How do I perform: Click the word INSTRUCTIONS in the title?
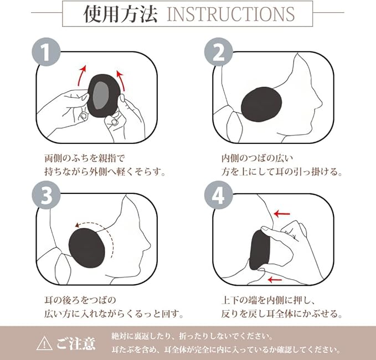click(x=230, y=14)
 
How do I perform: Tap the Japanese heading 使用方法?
click(x=120, y=14)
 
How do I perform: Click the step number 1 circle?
click(x=46, y=52)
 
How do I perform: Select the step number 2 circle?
click(x=218, y=52)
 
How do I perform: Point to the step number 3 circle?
click(x=46, y=195)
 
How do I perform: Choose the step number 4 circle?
click(x=218, y=195)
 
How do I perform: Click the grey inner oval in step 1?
click(x=100, y=95)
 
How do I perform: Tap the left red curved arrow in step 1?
click(x=81, y=75)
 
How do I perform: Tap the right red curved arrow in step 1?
click(x=121, y=80)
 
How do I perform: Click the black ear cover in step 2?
click(x=261, y=105)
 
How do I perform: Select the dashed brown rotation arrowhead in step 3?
click(x=77, y=225)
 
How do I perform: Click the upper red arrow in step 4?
click(x=282, y=213)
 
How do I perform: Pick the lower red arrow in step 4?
click(x=275, y=279)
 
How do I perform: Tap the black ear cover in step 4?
click(x=259, y=250)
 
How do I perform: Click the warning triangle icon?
click(x=44, y=343)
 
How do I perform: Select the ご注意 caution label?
click(x=76, y=343)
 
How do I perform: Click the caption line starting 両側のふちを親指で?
click(x=85, y=158)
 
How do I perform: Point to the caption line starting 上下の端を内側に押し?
click(x=268, y=300)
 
